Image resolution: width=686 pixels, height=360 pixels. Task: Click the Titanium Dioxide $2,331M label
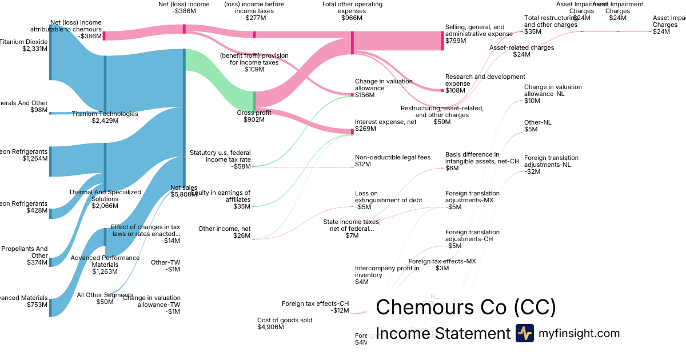tap(24, 45)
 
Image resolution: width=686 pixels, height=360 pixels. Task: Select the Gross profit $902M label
tap(254, 116)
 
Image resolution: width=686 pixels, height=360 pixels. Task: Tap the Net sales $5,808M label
tap(184, 191)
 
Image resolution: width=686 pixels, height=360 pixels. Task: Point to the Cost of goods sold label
tap(285, 323)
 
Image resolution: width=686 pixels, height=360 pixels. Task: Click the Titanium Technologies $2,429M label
tap(105, 117)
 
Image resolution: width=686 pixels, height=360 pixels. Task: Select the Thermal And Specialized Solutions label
tap(105, 196)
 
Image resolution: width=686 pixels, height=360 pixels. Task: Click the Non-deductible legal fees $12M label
tap(392, 161)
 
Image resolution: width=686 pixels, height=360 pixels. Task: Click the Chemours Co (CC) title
tap(465, 307)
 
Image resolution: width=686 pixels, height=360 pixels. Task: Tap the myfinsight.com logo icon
tap(524, 333)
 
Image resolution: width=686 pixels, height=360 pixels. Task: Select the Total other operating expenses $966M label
tap(352, 11)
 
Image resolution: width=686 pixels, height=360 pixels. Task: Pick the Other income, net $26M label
tap(225, 232)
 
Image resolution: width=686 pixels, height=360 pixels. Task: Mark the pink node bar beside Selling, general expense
tap(442, 41)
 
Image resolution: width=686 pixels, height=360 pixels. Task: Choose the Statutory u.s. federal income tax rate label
tap(220, 159)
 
